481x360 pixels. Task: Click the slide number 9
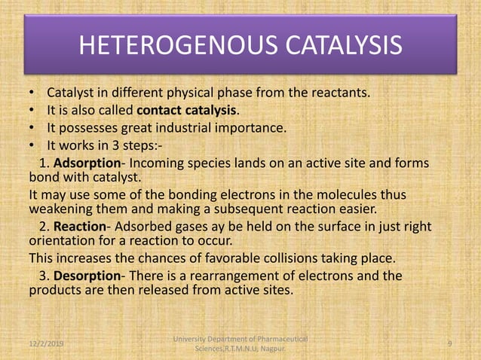(449, 343)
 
